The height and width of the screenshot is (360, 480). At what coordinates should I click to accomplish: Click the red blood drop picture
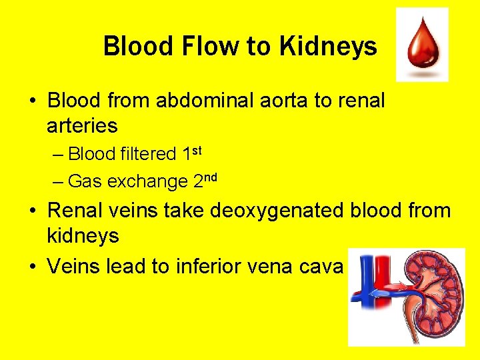(421, 45)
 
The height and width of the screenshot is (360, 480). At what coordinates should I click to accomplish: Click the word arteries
(82, 125)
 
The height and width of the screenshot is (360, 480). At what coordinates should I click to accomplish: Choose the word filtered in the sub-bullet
(149, 155)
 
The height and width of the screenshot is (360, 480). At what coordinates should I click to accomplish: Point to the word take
(184, 211)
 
